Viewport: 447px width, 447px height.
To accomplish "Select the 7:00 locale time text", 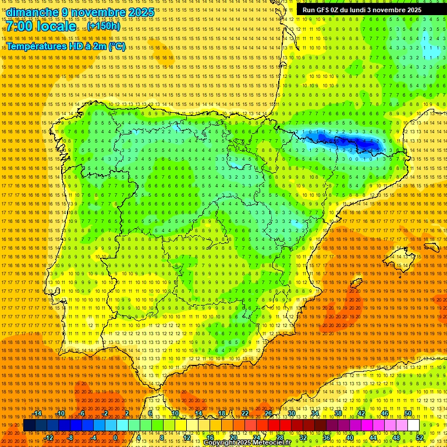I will pyautogui.click(x=41, y=26).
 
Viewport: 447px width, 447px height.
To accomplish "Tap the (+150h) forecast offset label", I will pyautogui.click(x=104, y=26).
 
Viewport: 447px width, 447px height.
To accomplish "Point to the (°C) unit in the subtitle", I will pyautogui.click(x=116, y=47).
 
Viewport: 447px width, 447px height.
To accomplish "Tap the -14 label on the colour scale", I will pyautogui.click(x=38, y=414).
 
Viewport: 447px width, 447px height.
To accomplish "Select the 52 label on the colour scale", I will pyautogui.click(x=420, y=438).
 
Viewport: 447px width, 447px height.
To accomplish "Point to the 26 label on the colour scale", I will pyautogui.click(x=268, y=414).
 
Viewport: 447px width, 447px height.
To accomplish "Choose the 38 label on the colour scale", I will pyautogui.click(x=338, y=414).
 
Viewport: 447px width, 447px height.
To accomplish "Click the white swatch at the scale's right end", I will pyautogui.click(x=414, y=425).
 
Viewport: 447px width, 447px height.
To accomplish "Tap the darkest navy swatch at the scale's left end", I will pyautogui.click(x=29, y=425).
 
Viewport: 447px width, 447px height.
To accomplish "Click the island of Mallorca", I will pyautogui.click(x=399, y=259).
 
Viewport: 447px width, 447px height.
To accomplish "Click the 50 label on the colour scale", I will pyautogui.click(x=407, y=414).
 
